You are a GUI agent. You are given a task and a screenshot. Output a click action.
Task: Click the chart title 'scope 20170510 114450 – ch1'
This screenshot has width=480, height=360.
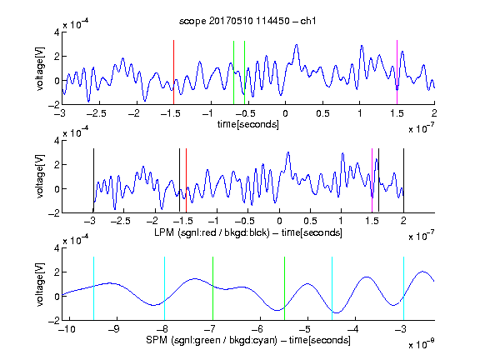pyautogui.click(x=247, y=21)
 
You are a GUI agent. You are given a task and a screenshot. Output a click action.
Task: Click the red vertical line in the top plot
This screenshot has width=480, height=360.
pyautogui.click(x=173, y=72)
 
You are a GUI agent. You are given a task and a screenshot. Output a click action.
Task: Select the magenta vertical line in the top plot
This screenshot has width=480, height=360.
pyautogui.click(x=397, y=72)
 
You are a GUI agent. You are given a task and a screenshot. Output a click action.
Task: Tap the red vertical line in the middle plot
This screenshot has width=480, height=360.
pyautogui.click(x=186, y=180)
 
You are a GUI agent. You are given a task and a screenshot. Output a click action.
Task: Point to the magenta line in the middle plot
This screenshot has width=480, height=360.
pyautogui.click(x=372, y=180)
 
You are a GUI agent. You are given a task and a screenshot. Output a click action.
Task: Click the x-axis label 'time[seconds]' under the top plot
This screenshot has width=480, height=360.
pyautogui.click(x=248, y=124)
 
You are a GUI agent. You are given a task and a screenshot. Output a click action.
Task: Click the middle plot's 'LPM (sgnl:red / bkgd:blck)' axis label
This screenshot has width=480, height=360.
pyautogui.click(x=212, y=232)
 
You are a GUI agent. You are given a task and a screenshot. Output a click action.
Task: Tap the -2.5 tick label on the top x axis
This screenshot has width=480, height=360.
pyautogui.click(x=96, y=113)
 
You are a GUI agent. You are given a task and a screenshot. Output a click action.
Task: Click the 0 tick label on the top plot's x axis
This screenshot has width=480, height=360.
pyautogui.click(x=285, y=113)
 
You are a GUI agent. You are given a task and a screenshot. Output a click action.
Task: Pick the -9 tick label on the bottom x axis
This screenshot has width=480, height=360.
pyautogui.click(x=114, y=329)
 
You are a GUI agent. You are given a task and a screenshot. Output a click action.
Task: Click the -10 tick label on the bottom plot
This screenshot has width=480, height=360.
pyautogui.click(x=67, y=329)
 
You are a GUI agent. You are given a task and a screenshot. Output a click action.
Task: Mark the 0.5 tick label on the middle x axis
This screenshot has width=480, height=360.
pyautogui.click(x=310, y=221)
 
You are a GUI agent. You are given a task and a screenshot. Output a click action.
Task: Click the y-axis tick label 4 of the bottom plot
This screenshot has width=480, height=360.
pyautogui.click(x=57, y=248)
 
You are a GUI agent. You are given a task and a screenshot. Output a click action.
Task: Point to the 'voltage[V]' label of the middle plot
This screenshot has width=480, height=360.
pyautogui.click(x=40, y=176)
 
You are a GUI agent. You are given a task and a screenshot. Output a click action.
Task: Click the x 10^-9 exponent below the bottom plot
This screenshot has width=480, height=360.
pyautogui.click(x=422, y=345)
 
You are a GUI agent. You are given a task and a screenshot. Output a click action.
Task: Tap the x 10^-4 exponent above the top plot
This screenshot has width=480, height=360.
pyautogui.click(x=76, y=23)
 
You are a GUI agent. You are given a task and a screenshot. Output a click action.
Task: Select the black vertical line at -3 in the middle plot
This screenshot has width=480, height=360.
pyautogui.click(x=93, y=180)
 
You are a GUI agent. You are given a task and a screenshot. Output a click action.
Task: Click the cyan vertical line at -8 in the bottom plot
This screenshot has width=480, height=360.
pyautogui.click(x=164, y=288)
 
